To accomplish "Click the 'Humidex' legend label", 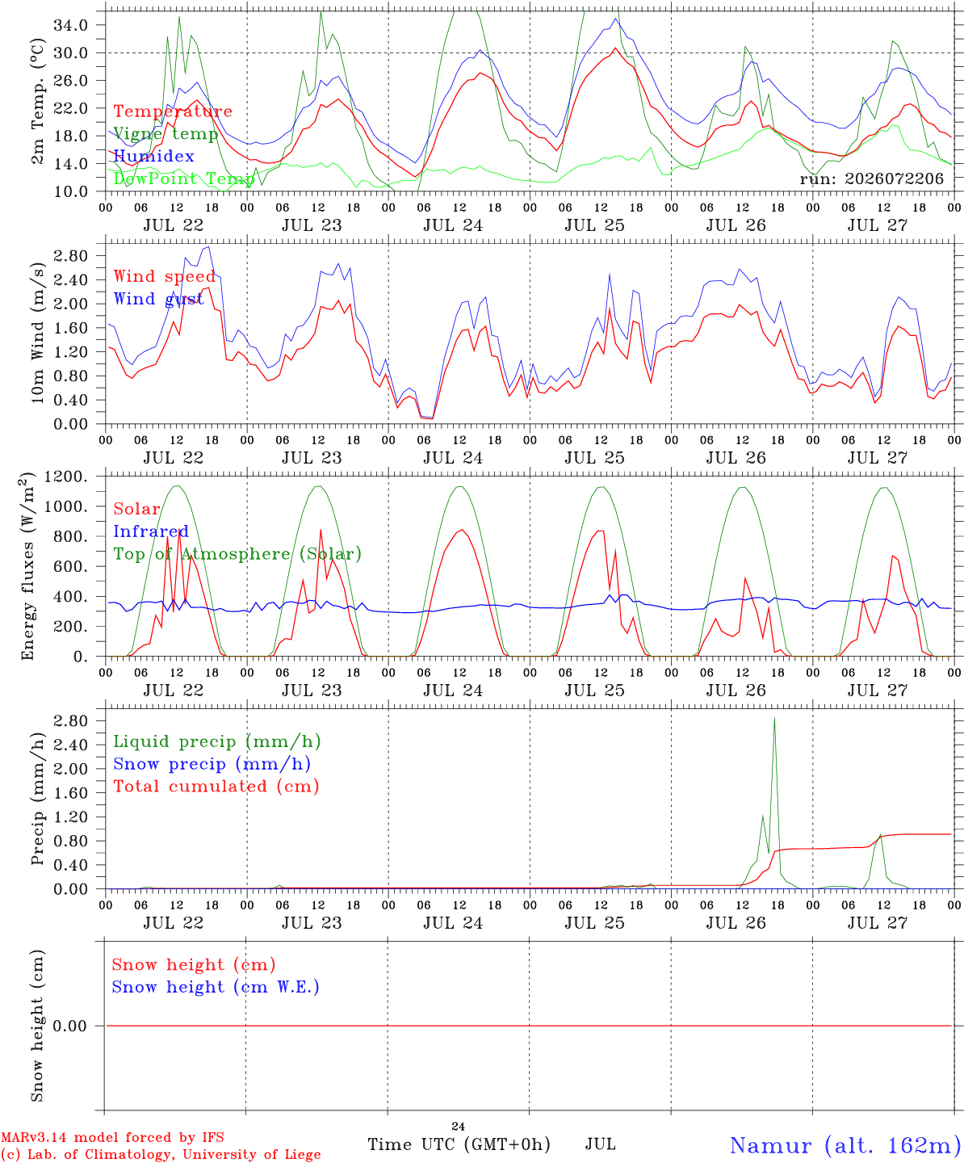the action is [x=153, y=156].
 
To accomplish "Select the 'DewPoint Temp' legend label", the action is [x=184, y=178].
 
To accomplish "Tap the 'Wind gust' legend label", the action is [x=159, y=299].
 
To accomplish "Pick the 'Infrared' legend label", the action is [x=151, y=531].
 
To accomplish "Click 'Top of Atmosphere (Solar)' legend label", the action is [x=238, y=554].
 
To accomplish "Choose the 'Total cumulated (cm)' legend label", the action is [x=216, y=787].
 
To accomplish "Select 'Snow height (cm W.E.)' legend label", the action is [x=216, y=987].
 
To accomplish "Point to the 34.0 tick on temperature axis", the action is [x=71, y=25].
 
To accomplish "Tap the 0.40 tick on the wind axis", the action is [x=71, y=400].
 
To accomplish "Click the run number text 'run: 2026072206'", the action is [x=871, y=178].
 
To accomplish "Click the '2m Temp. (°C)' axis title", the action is [x=37, y=102].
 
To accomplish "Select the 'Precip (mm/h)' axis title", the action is [x=37, y=799].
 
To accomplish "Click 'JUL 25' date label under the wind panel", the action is [x=595, y=458].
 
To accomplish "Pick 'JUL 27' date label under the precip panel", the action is [x=878, y=923].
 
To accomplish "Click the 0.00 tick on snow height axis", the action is [x=70, y=1026].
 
